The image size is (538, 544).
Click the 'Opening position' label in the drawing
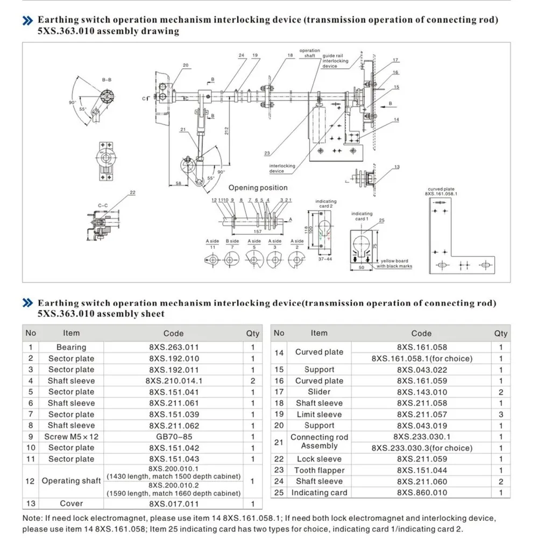258,188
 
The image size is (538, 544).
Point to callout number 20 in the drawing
185,66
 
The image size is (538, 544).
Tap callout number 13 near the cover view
397,167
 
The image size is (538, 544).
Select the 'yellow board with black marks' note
394,264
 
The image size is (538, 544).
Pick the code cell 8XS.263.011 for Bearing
173,348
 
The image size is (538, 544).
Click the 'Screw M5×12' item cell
71,437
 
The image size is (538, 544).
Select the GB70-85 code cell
173,437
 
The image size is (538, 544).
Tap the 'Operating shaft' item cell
71,481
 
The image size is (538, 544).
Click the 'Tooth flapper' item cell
319,470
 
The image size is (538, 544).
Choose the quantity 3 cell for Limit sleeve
501,414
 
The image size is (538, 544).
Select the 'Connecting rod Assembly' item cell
319,442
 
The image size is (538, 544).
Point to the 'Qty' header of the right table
501,333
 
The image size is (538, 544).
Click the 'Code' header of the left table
173,334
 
